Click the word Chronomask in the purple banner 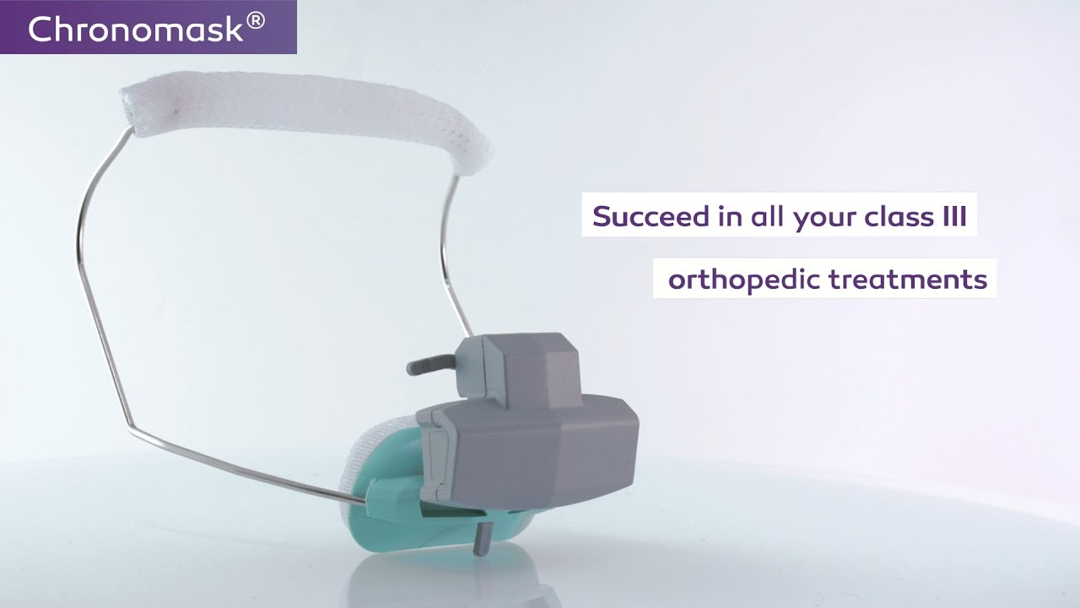136,29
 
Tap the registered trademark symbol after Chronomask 256,23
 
